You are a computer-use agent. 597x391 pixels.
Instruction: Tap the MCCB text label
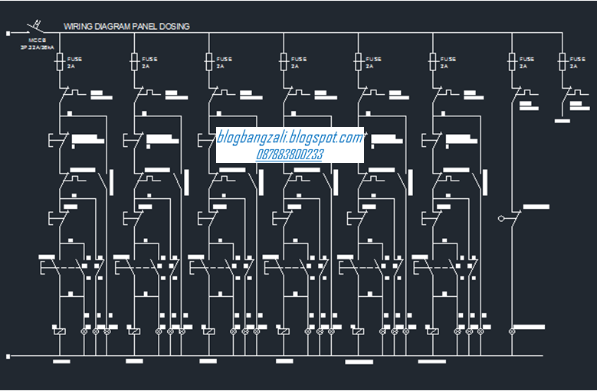(x=37, y=40)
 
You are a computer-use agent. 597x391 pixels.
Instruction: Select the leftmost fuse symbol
(x=60, y=62)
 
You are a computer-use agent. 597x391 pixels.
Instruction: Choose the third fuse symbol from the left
(x=209, y=62)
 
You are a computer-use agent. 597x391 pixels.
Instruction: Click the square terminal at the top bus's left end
(x=7, y=33)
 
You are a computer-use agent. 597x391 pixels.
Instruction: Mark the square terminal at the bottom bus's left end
(x=7, y=356)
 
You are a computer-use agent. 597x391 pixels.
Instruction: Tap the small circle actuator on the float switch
(x=500, y=219)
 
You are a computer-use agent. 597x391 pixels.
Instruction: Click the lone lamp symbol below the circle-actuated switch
(x=511, y=331)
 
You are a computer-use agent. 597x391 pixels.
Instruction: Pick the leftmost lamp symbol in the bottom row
(x=84, y=331)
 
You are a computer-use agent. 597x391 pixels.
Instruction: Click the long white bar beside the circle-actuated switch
(x=536, y=207)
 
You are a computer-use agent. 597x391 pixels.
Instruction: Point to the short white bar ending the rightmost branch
(x=563, y=121)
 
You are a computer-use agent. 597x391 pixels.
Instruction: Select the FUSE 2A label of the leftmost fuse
(x=74, y=62)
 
